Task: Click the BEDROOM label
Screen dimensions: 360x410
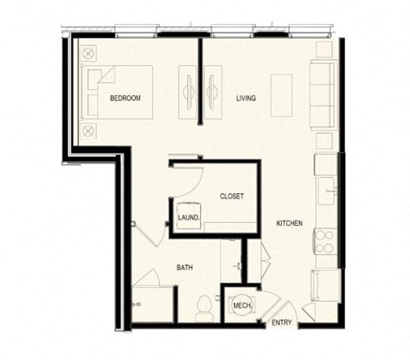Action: tap(125, 98)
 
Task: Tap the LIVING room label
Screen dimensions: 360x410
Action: tap(246, 98)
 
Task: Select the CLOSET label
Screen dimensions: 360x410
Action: tap(231, 196)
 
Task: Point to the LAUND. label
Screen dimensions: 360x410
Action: tap(189, 218)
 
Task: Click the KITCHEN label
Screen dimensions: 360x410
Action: tap(289, 223)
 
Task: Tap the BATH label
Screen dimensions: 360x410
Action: tap(184, 268)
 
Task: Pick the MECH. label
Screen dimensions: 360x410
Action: tap(240, 304)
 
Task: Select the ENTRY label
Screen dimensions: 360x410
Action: tap(281, 323)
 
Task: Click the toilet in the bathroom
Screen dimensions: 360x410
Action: tap(204, 306)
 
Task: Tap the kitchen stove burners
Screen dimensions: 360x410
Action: tap(325, 241)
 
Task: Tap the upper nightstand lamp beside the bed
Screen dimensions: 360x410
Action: tap(89, 53)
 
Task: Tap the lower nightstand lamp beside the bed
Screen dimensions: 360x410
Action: tap(89, 131)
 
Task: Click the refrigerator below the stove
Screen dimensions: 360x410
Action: tap(325, 283)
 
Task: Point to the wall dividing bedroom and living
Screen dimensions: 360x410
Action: tap(201, 77)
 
